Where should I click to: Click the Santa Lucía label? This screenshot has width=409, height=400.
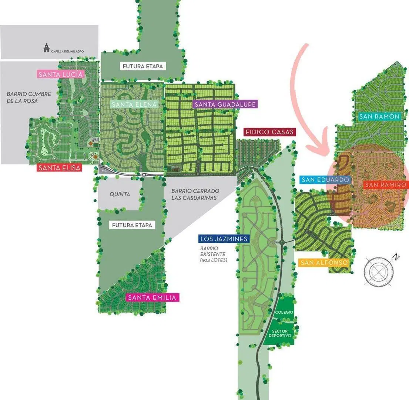61,74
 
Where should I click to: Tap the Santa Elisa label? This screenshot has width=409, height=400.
60,167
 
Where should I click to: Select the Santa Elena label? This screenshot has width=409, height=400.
134,104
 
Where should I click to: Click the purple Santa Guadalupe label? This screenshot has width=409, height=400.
225,104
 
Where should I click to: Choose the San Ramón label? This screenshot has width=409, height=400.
379,116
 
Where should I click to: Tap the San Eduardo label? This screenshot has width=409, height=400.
325,180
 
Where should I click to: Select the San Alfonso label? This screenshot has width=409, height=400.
324,262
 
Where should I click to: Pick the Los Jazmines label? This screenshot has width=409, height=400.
224,239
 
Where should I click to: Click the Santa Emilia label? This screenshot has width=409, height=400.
152,297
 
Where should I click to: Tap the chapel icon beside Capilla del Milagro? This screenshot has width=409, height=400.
46,48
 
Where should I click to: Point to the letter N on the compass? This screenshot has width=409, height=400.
396,257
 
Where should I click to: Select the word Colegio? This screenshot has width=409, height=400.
284,312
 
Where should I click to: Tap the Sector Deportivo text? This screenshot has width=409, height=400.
279,333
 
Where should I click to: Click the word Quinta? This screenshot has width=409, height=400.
120,194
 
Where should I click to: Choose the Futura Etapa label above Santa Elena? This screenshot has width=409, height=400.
143,66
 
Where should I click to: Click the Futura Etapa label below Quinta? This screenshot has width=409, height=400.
132,225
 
